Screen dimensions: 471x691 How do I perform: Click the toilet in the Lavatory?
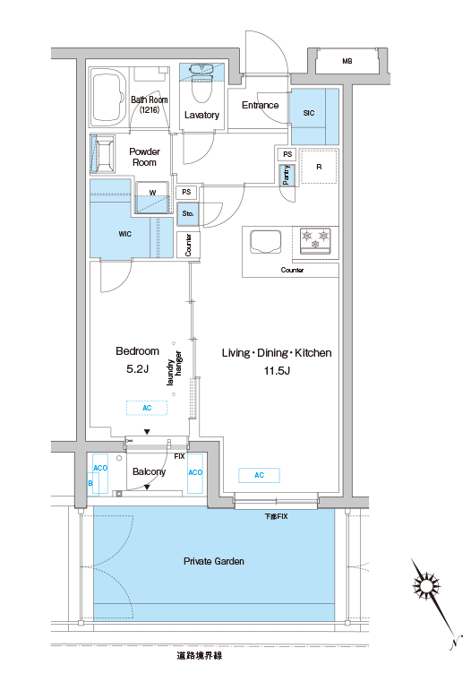202,82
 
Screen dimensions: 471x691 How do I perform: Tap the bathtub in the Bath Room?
108,98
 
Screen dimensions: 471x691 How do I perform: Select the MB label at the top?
347,61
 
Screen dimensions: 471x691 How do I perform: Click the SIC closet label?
309,113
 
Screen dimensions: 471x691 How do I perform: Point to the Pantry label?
287,175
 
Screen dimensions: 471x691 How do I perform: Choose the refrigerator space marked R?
319,167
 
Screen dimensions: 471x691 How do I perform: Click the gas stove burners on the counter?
315,240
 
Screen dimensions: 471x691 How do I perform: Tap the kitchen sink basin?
265,242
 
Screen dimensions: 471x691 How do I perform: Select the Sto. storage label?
188,213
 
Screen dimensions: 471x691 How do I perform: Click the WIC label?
125,234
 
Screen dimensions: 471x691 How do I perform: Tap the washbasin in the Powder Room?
103,154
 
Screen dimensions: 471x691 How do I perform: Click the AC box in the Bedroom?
147,408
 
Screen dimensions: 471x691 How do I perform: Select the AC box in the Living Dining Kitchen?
260,475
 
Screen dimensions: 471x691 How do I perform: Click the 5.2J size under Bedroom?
137,369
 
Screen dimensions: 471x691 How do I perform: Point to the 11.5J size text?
277,371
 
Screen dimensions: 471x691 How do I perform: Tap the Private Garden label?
213,561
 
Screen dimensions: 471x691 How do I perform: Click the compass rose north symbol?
426,586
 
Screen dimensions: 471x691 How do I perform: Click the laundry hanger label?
175,368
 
